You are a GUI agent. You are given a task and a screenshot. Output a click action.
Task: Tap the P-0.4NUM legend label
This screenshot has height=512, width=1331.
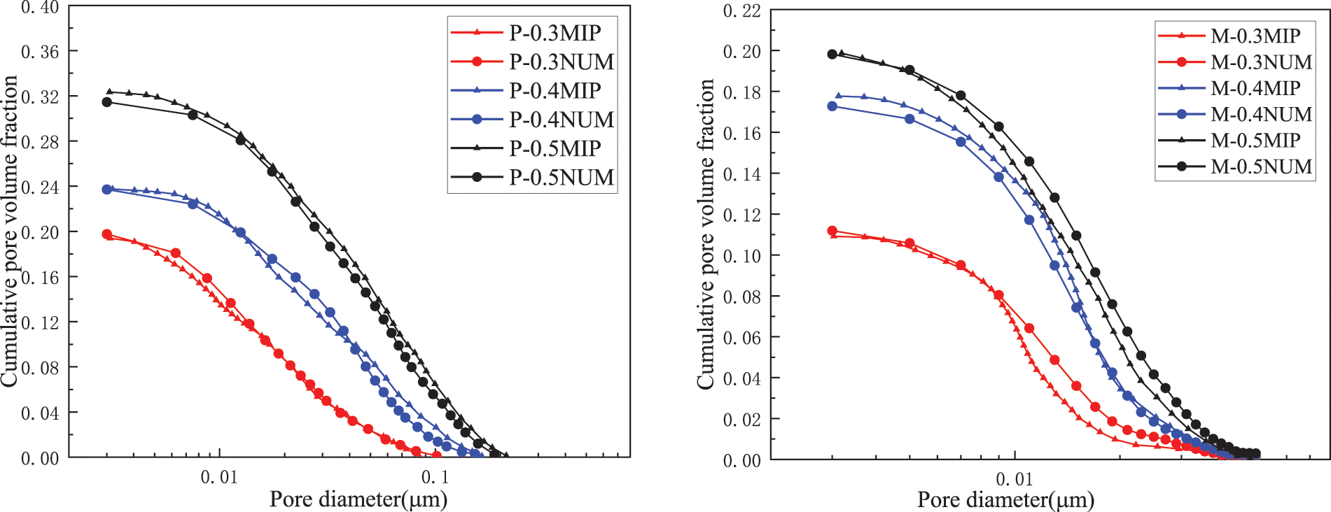point(562,120)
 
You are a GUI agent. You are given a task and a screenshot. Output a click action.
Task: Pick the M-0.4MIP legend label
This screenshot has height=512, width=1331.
point(1255,88)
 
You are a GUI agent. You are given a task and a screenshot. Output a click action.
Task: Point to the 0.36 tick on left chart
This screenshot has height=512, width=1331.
point(40,52)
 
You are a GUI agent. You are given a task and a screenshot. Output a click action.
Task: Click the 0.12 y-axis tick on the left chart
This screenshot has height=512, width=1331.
point(40,322)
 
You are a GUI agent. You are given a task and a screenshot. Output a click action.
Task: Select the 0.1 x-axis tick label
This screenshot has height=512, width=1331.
point(435,478)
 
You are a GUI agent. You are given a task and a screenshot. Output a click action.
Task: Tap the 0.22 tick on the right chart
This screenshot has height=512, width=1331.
point(741,10)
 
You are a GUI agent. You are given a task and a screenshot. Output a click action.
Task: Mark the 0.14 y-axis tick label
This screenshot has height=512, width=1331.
point(741,174)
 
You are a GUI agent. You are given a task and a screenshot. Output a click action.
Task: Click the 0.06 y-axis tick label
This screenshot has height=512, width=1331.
point(741,338)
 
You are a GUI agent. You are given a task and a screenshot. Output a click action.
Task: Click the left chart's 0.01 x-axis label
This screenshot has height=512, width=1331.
point(219,478)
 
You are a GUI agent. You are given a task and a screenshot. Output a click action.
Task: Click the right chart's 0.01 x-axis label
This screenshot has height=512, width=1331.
point(1014,479)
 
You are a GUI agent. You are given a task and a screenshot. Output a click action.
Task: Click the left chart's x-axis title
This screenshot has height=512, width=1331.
point(358,499)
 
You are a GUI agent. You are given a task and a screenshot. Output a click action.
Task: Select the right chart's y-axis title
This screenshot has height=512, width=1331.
point(706,234)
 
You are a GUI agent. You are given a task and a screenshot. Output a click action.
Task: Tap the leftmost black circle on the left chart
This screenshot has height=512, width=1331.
point(107,102)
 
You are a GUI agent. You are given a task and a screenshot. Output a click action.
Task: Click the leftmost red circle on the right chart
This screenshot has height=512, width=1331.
point(832,231)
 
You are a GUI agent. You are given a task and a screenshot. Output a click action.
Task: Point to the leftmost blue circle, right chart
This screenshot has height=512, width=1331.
point(832,106)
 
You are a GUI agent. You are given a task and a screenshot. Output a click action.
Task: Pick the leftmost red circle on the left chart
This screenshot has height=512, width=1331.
point(107,234)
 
